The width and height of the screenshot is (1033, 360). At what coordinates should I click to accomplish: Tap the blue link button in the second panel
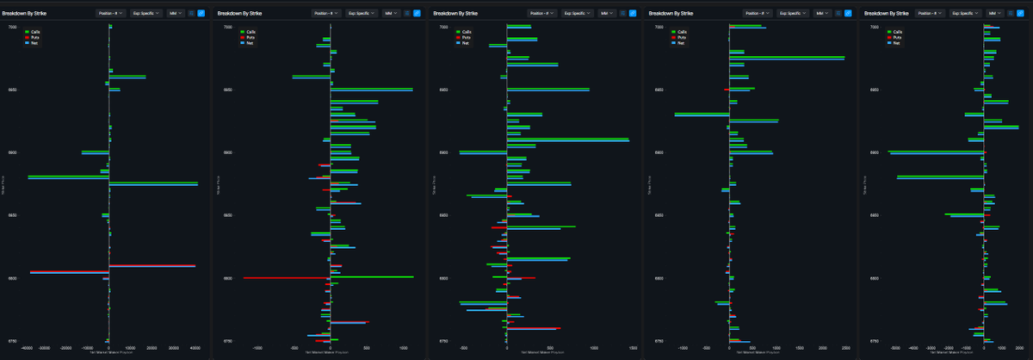[x=417, y=14]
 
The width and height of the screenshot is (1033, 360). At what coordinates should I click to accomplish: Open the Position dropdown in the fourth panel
[x=758, y=14]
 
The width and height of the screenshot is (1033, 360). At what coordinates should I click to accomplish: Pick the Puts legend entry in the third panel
[x=465, y=37]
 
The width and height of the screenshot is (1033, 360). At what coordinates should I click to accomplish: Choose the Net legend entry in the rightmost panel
[x=895, y=42]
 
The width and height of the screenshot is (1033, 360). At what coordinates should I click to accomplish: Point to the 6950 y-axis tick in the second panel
[x=228, y=90]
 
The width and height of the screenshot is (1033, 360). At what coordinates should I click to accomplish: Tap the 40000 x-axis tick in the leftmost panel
[x=195, y=349]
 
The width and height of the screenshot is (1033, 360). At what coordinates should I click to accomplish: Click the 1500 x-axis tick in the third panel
[x=634, y=349]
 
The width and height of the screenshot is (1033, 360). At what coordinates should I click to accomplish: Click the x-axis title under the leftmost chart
[x=109, y=354]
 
